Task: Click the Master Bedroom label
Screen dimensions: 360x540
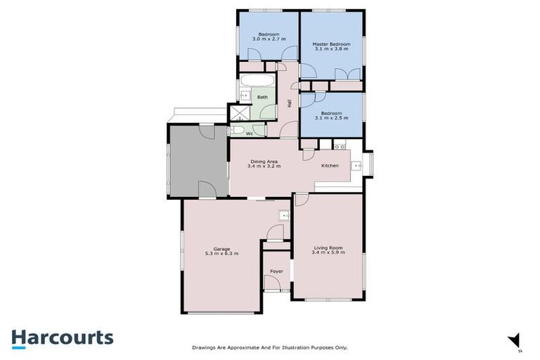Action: click(x=331, y=44)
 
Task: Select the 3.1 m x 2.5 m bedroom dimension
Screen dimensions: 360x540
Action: click(x=331, y=118)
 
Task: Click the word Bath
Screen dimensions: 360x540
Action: click(x=262, y=97)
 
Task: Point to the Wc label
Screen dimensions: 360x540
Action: click(x=249, y=132)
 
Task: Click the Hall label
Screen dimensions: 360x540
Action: click(x=290, y=103)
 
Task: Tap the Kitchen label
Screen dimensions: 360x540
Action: click(x=330, y=166)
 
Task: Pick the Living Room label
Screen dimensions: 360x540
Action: click(x=328, y=247)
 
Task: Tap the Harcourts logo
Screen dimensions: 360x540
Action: click(x=62, y=338)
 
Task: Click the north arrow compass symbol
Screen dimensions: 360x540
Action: click(x=516, y=340)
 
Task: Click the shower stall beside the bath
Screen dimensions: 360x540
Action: click(x=238, y=112)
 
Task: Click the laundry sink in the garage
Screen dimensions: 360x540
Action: click(x=283, y=215)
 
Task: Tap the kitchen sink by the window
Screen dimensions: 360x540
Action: click(x=357, y=166)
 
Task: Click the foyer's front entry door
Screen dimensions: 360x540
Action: click(x=271, y=283)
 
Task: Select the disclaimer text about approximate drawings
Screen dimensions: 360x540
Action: click(x=270, y=347)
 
